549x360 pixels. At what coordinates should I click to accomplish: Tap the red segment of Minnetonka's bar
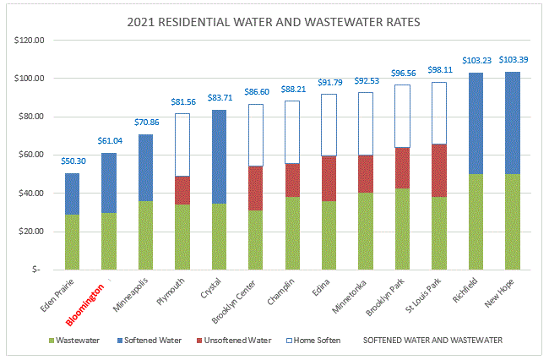tap(365, 173)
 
